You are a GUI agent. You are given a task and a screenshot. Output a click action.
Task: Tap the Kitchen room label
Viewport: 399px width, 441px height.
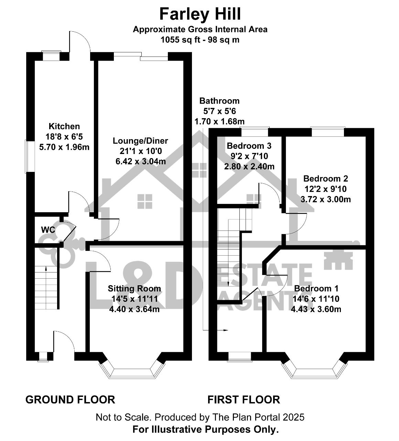[64, 126]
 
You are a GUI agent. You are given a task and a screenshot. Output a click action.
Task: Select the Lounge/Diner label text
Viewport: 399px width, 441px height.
[140, 141]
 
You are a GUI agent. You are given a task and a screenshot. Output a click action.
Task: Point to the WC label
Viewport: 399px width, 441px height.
[48, 230]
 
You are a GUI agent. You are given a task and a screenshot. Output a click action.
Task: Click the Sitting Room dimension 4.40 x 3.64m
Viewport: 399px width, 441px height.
[134, 309]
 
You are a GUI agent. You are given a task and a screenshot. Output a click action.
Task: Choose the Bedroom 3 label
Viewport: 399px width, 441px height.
[249, 146]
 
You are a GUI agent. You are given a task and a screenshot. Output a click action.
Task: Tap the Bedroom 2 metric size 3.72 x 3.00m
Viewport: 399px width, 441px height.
[325, 199]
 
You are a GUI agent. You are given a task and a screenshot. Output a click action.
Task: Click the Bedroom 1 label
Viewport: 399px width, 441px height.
[316, 288]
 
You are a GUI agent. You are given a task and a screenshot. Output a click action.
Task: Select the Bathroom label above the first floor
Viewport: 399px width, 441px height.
[219, 101]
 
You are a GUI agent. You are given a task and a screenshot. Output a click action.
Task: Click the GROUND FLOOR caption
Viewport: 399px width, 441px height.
[70, 399]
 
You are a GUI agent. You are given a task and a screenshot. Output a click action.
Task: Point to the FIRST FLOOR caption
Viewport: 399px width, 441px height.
[244, 399]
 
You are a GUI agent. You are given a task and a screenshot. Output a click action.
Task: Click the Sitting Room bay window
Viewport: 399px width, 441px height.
[132, 371]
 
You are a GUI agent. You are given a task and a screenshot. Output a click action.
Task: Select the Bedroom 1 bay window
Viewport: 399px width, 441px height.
[314, 371]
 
